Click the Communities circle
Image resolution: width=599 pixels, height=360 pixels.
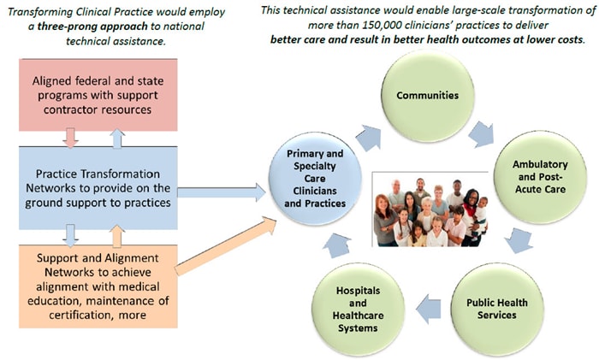click(x=428, y=95)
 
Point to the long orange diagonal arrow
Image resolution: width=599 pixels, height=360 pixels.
click(x=227, y=247)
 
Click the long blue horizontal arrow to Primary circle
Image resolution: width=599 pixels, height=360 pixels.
click(x=222, y=193)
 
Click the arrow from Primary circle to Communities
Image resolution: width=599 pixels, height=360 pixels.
click(x=371, y=137)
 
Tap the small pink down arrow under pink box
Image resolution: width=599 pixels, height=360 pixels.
click(x=71, y=138)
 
